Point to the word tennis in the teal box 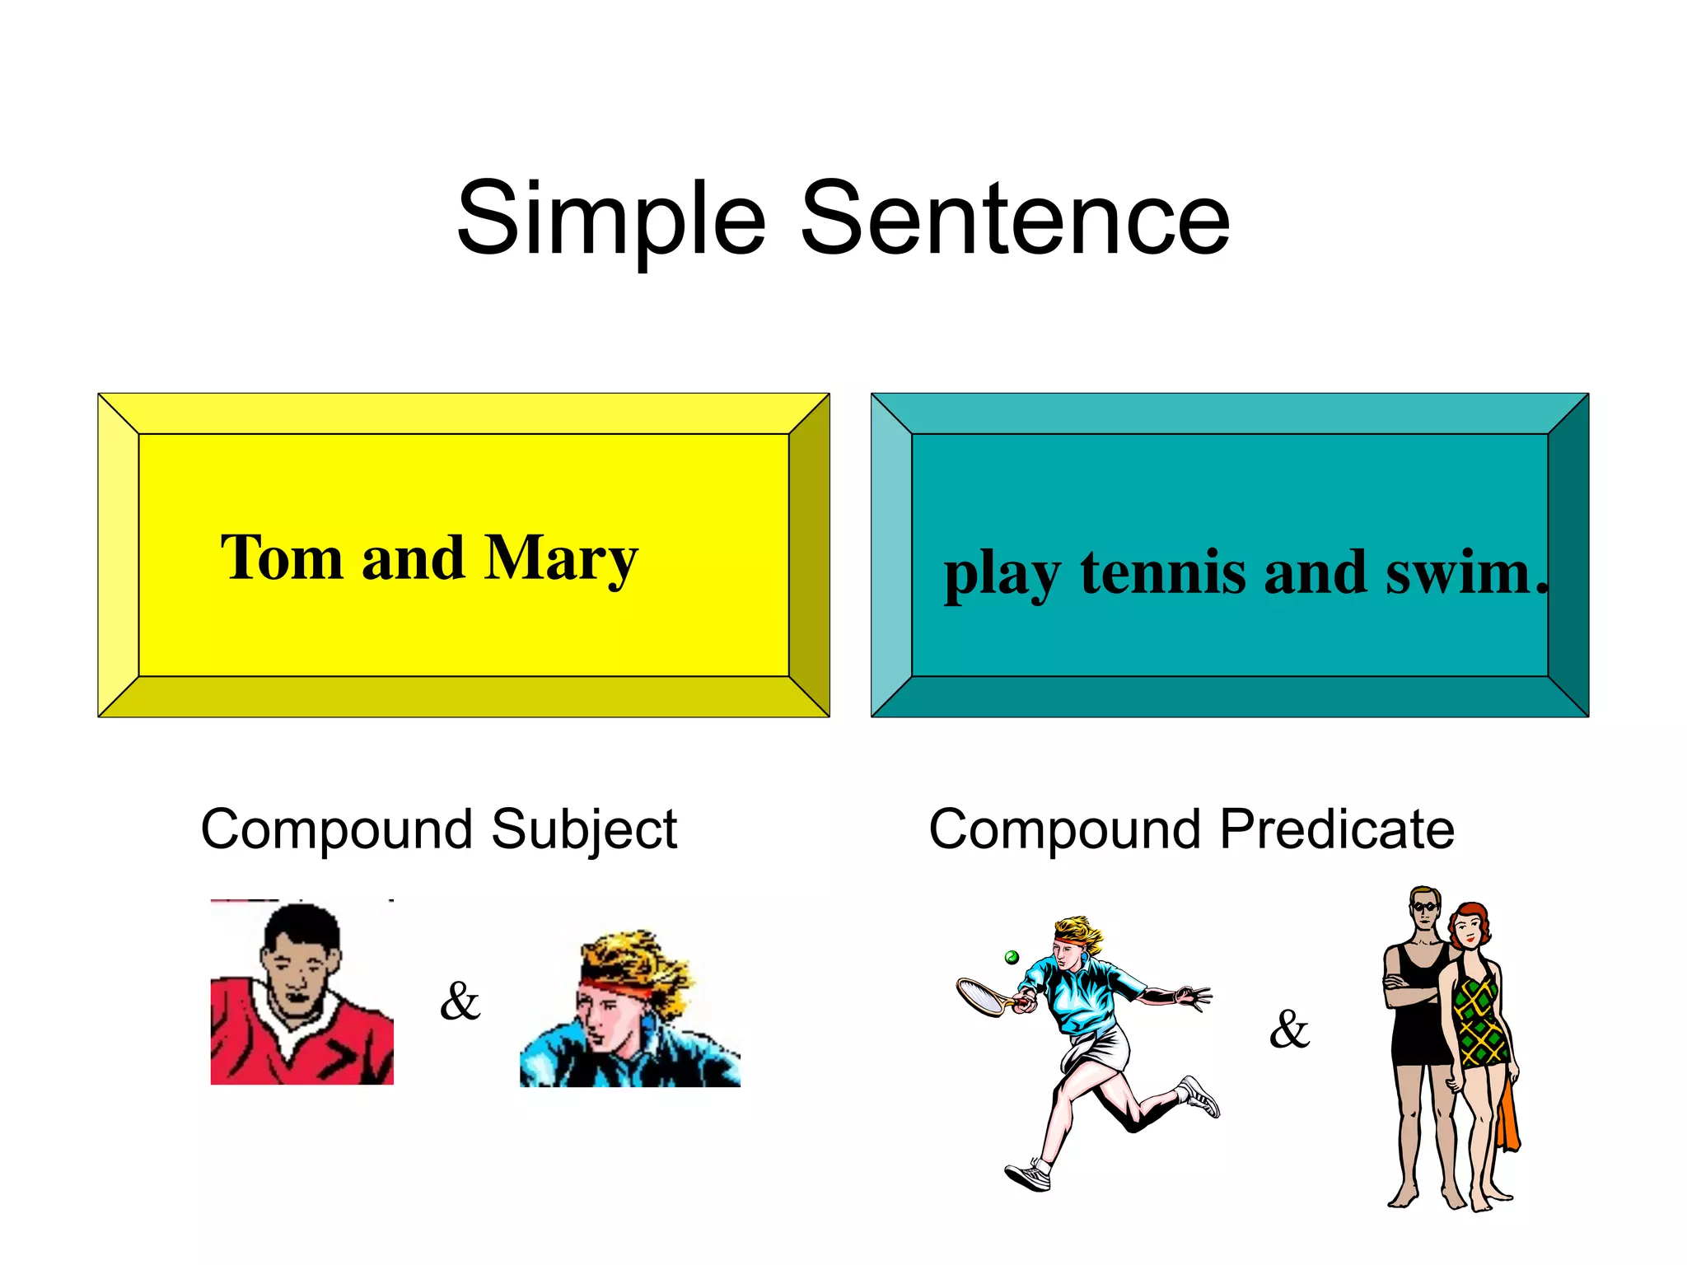coord(1162,572)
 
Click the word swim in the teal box coord(1458,572)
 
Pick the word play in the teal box coord(1002,574)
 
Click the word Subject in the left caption coord(584,830)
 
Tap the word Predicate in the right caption coord(1336,829)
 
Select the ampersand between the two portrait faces coord(460,1001)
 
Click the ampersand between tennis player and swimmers coord(1289,1029)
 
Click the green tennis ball coord(1012,957)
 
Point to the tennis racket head coord(979,996)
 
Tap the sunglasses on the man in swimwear coord(1424,908)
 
